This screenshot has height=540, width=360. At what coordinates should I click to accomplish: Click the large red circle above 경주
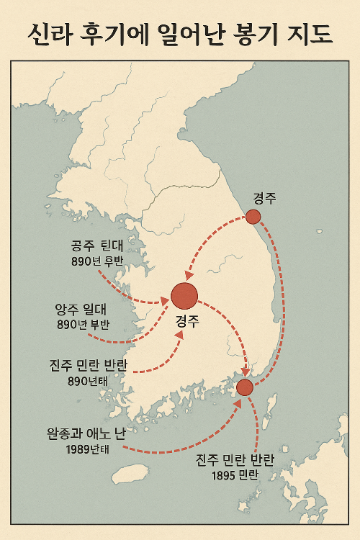point(184,296)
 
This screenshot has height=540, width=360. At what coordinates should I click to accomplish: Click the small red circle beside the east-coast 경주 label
point(253,217)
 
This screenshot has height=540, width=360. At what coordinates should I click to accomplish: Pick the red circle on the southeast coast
point(245,387)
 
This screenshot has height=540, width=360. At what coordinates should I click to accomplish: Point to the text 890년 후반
point(98,261)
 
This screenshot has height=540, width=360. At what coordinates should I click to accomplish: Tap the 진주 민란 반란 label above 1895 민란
point(241,461)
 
